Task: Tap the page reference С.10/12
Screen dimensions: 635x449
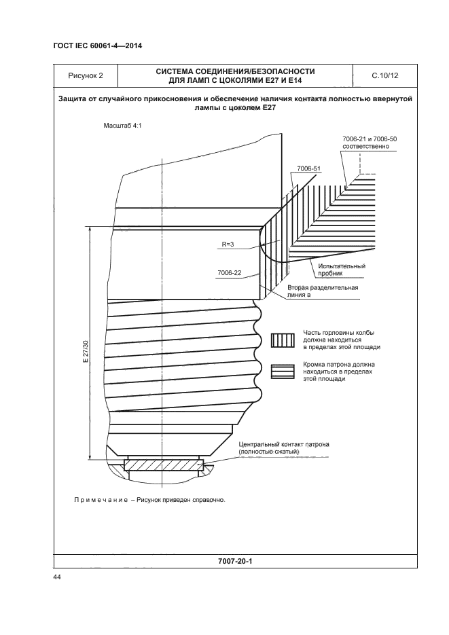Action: click(385, 75)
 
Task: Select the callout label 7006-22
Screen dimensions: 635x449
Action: click(230, 272)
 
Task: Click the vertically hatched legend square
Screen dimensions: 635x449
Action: click(281, 340)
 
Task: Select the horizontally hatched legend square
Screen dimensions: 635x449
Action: click(281, 371)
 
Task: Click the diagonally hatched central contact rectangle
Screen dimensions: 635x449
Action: click(163, 467)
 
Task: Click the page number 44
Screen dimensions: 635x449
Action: click(57, 577)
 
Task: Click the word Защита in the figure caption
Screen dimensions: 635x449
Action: click(77, 99)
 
